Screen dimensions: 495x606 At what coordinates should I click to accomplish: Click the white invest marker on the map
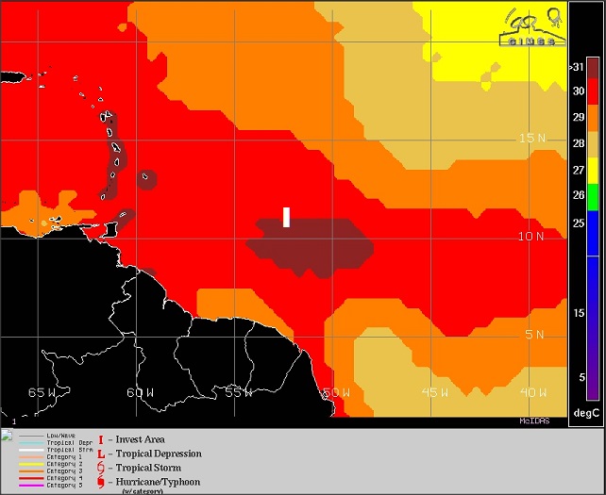point(286,217)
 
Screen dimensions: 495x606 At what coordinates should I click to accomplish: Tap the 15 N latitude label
point(532,138)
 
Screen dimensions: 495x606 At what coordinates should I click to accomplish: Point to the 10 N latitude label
point(532,236)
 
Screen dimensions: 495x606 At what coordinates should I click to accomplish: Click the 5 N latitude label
point(534,335)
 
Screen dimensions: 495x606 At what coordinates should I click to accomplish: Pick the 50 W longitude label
point(337,392)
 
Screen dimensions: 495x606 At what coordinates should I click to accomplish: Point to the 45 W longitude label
point(434,392)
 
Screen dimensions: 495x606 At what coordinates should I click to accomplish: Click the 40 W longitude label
point(532,392)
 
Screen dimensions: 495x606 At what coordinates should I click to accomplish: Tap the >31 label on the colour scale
point(578,67)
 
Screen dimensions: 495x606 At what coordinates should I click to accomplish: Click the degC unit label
point(586,413)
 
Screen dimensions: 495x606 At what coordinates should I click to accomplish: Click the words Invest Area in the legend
point(142,439)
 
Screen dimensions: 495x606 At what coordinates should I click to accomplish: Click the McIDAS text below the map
point(534,421)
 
